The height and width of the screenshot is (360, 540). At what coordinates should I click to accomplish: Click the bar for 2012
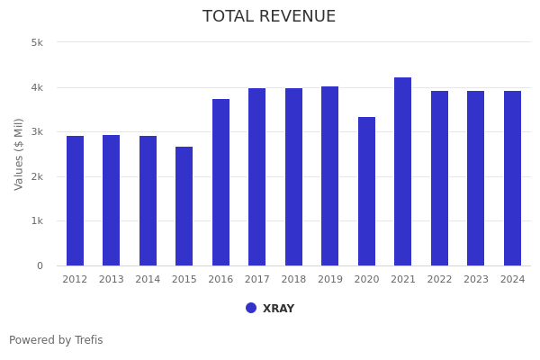coord(75,201)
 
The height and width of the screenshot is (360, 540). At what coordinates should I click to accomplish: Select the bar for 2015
coord(184,206)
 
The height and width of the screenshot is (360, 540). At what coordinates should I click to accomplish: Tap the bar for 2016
coord(220,182)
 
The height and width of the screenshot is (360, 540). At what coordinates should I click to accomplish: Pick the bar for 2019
coord(330,175)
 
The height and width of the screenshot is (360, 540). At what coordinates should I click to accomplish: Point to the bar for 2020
coord(366,191)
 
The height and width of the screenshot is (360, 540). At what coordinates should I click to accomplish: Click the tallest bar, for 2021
coord(403,171)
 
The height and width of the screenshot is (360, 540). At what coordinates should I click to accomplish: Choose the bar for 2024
coord(512,178)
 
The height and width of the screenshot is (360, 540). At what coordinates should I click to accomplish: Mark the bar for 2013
coord(111,200)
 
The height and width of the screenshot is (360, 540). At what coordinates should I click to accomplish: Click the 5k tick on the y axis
coord(37,42)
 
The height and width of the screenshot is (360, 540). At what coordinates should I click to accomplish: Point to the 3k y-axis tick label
coord(37,131)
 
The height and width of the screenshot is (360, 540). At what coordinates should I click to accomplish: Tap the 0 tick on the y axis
coord(40,265)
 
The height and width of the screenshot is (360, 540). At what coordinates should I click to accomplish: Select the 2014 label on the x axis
coord(148,280)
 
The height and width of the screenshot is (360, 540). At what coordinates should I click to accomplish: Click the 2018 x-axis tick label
coord(293,280)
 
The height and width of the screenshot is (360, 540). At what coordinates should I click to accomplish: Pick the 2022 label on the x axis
coord(439,280)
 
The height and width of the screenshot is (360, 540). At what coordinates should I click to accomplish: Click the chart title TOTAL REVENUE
coord(269,17)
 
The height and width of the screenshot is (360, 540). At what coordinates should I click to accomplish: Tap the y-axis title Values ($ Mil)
coord(20,154)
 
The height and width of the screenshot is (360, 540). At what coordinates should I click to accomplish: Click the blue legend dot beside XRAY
coord(251,308)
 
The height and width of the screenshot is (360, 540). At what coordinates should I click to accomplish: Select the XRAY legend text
coord(278,309)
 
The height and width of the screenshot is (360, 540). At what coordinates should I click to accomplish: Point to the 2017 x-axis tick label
coord(257,280)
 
